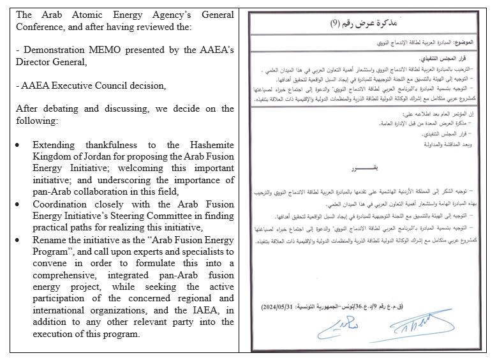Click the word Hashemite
[x=208, y=146]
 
